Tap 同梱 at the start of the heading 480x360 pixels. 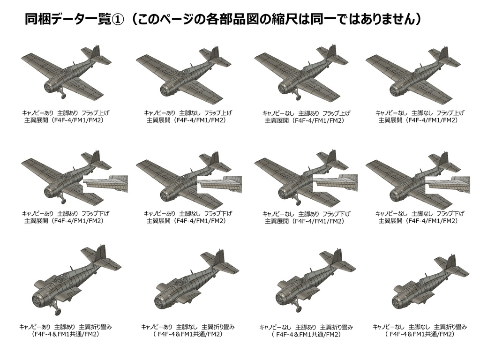(36, 19)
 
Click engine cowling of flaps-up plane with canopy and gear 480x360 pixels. (50, 86)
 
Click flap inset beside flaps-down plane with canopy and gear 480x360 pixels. (105, 184)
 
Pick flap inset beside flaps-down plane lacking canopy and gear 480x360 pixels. (447, 184)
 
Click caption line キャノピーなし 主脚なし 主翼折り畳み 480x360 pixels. (420, 326)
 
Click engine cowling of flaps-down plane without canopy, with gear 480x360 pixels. (283, 191)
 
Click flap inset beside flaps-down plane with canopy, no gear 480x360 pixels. (219, 184)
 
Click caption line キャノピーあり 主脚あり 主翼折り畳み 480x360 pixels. (66, 326)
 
